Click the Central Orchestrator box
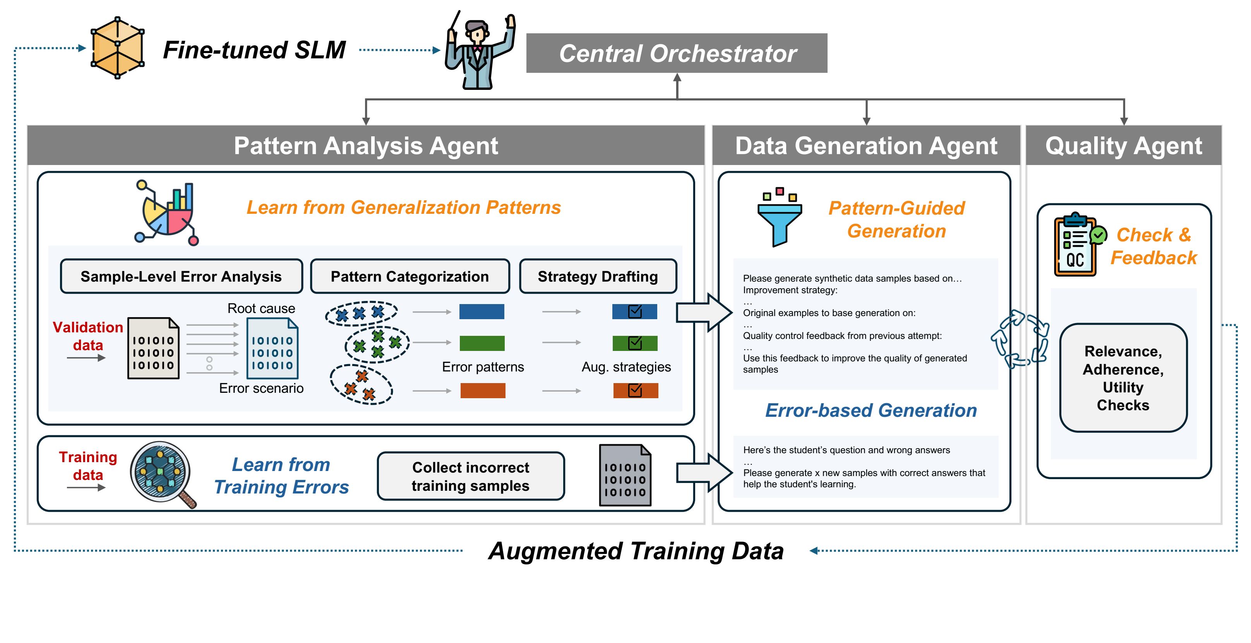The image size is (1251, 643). [x=677, y=53]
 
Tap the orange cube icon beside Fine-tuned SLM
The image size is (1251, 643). [x=118, y=48]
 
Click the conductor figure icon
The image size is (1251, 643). [x=480, y=50]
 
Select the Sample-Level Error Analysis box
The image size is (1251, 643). [x=181, y=276]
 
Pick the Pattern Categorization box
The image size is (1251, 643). [x=410, y=276]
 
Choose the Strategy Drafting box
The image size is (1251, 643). [x=598, y=276]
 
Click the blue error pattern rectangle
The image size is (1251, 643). [x=482, y=311]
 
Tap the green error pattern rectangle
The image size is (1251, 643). [x=482, y=343]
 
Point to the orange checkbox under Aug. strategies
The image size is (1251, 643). [x=635, y=390]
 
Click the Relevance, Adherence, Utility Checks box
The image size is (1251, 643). [x=1123, y=378]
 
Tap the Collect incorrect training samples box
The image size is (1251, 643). [x=471, y=476]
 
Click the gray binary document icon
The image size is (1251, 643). [x=625, y=475]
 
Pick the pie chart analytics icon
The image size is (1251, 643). [x=166, y=213]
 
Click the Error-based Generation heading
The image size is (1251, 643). [x=871, y=410]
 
